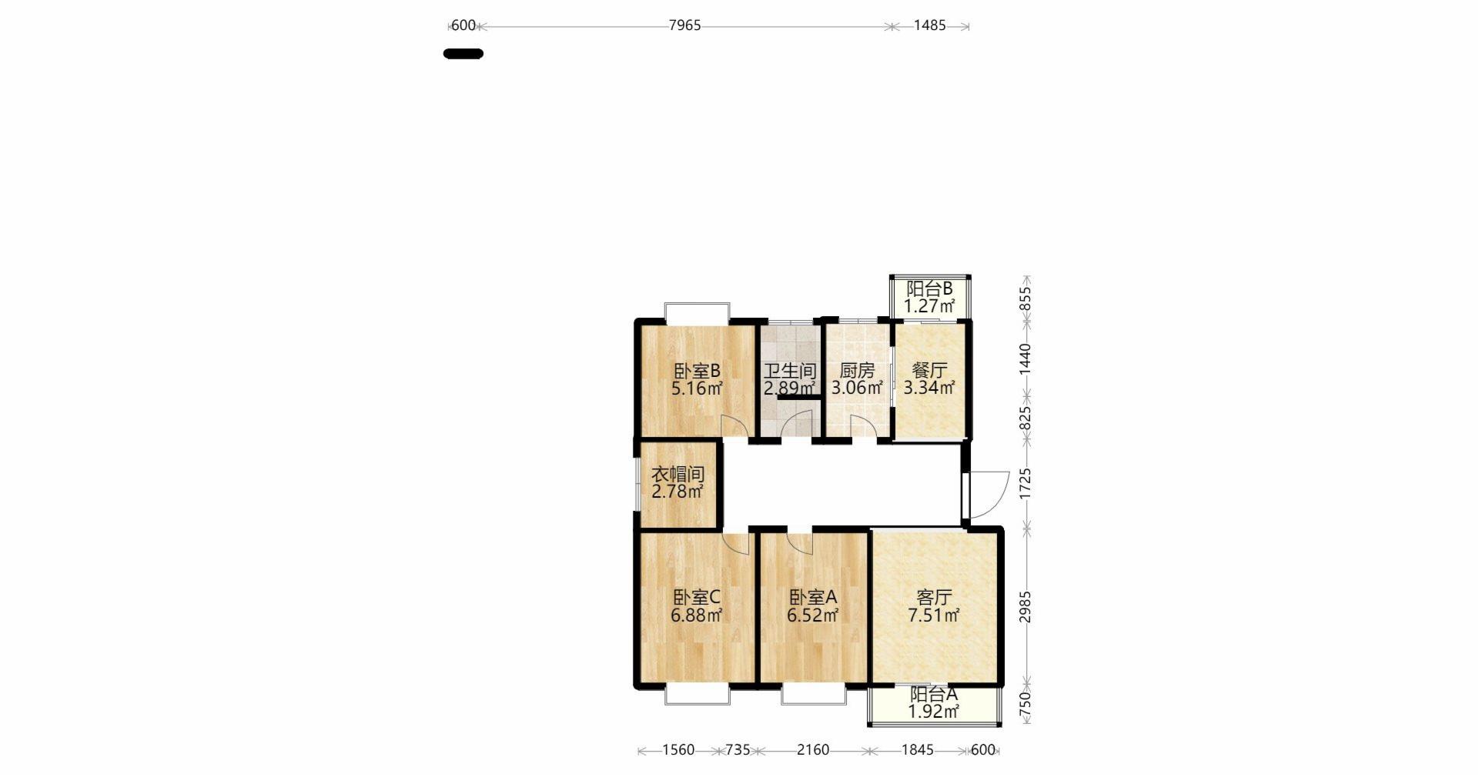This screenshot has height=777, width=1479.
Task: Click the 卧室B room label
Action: pyautogui.click(x=697, y=371)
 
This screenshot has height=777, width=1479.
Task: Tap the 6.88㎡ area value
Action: pyautogui.click(x=697, y=615)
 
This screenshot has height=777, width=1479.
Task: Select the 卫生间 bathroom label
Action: pyautogui.click(x=790, y=371)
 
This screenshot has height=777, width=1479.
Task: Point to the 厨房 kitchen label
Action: pyautogui.click(x=857, y=371)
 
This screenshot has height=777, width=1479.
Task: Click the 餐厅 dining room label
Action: pyautogui.click(x=929, y=371)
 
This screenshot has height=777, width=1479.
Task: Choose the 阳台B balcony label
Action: pyautogui.click(x=929, y=289)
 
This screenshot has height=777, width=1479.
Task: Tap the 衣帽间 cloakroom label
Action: pyautogui.click(x=678, y=474)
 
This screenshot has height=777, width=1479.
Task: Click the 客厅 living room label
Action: pyautogui.click(x=934, y=598)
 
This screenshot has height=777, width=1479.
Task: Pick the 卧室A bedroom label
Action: pyautogui.click(x=813, y=598)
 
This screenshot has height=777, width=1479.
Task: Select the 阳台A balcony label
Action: pyautogui.click(x=934, y=694)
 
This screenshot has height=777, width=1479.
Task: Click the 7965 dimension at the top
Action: pyautogui.click(x=684, y=25)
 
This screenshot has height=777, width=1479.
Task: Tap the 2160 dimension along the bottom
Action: pyautogui.click(x=812, y=750)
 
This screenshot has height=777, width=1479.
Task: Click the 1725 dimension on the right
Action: pyautogui.click(x=1025, y=485)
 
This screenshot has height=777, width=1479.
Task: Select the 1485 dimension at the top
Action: pyautogui.click(x=929, y=25)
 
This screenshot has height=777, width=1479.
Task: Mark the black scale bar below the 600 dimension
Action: pyautogui.click(x=463, y=54)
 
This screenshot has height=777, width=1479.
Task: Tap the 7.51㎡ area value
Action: pyautogui.click(x=934, y=615)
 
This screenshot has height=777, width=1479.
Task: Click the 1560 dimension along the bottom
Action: pyautogui.click(x=678, y=750)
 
